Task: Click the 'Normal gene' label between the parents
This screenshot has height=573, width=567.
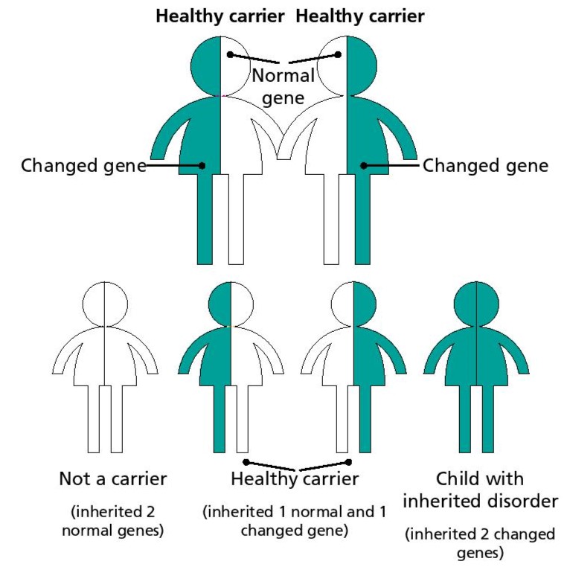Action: [x=283, y=86]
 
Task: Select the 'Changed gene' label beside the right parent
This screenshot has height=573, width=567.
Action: [x=485, y=165]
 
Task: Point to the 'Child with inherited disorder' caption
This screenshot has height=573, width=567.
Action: [x=480, y=490]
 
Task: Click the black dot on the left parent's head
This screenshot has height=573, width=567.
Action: [x=231, y=54]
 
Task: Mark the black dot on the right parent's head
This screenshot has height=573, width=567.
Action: [x=339, y=54]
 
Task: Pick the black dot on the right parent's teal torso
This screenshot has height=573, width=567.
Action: [x=362, y=165]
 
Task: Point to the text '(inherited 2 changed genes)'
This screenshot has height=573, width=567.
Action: [x=480, y=543]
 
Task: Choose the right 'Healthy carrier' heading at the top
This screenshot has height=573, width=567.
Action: [x=361, y=16]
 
